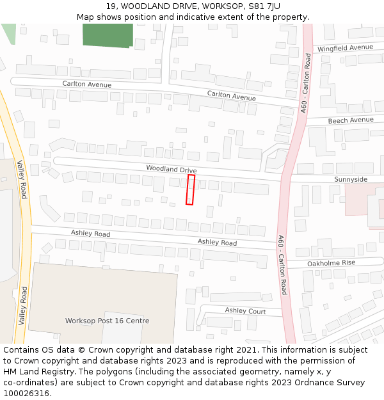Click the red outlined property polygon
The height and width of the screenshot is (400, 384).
pos(190,189)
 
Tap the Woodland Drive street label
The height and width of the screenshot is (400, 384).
pos(171,169)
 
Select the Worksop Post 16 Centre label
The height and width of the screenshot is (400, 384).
pos(108,321)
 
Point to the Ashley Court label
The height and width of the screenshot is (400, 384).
pos(245,310)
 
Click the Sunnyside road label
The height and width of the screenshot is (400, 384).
pos(351,179)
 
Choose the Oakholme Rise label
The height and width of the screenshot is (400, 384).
pos(331,263)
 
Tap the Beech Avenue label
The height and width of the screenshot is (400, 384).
pos(351,120)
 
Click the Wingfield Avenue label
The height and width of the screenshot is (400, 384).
pos(345,48)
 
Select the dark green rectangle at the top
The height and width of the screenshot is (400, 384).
pos(108,35)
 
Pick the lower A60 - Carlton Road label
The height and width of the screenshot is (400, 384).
pos(282,265)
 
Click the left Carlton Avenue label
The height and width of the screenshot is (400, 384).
pos(86,84)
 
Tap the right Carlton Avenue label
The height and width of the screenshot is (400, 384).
pos(231,96)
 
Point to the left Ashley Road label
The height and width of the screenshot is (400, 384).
pos(90,234)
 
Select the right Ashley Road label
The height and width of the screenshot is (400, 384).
pos(217,242)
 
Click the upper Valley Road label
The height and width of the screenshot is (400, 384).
pos(22,179)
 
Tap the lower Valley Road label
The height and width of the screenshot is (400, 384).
pos(24,306)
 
